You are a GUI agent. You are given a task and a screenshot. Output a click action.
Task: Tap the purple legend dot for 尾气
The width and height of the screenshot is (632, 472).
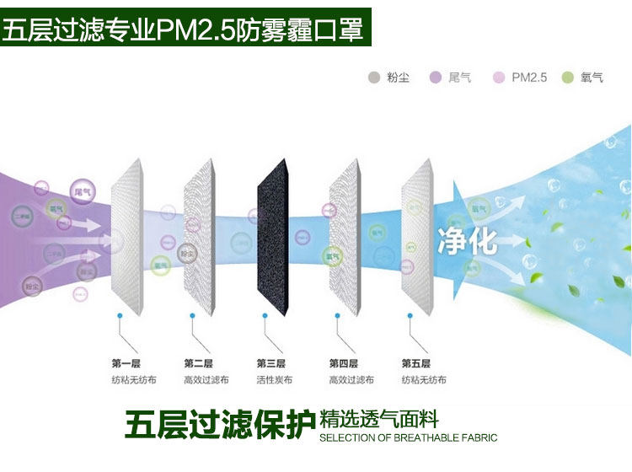(436, 78)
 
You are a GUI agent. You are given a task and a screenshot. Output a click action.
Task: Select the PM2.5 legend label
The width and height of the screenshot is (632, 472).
(529, 78)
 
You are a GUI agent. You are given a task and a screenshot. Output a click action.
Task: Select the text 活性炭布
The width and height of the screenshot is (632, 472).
(274, 380)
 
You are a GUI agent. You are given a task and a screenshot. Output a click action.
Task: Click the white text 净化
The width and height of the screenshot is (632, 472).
(467, 240)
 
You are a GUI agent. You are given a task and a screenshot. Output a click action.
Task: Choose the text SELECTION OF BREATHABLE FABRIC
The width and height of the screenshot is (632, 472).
(409, 438)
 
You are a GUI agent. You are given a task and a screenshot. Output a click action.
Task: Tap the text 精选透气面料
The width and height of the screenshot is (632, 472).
(380, 420)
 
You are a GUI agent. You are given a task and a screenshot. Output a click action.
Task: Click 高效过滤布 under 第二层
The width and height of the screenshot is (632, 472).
(202, 380)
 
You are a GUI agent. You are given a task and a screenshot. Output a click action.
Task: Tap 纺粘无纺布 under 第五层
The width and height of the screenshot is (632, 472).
(419, 380)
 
